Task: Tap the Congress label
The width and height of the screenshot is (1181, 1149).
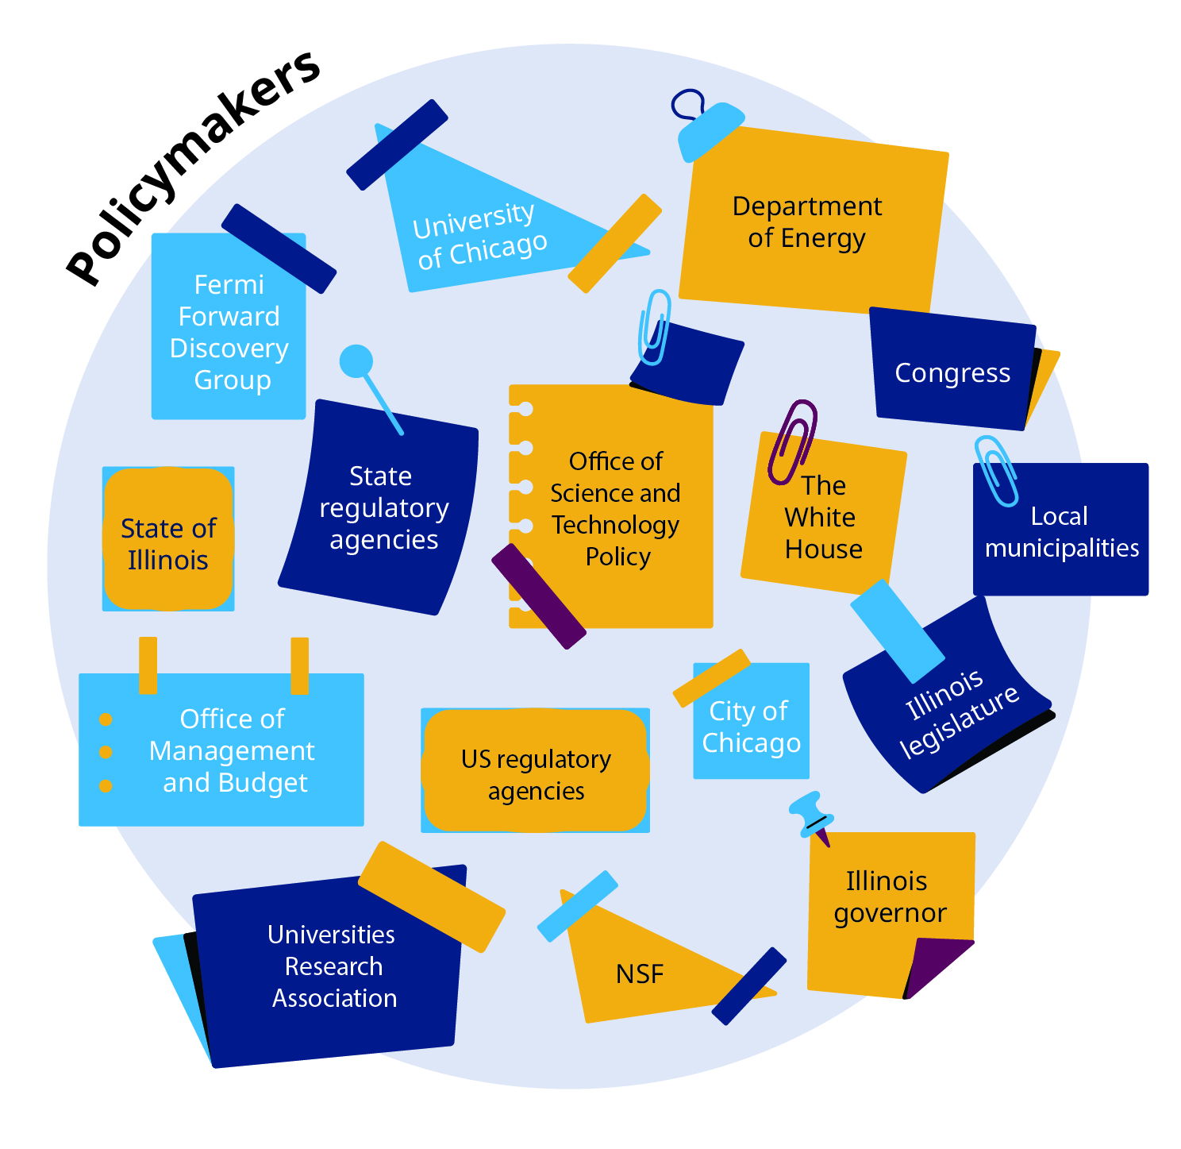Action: (952, 372)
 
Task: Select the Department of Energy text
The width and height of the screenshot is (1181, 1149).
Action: (806, 222)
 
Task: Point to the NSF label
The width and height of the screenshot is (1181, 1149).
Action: (639, 974)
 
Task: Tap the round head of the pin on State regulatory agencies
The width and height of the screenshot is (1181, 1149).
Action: (356, 361)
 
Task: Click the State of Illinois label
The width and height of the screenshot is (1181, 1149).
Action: (168, 544)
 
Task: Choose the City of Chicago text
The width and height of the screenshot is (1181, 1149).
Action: (751, 727)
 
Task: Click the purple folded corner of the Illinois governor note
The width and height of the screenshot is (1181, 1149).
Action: (937, 966)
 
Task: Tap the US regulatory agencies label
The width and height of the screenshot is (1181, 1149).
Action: (536, 774)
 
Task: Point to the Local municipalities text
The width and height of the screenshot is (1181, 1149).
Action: (1061, 532)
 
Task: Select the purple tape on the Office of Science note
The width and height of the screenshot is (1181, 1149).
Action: (538, 596)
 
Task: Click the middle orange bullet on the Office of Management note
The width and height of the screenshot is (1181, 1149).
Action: (106, 752)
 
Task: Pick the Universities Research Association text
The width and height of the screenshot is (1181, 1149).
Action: (333, 966)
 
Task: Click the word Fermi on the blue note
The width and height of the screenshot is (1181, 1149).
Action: (229, 284)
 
